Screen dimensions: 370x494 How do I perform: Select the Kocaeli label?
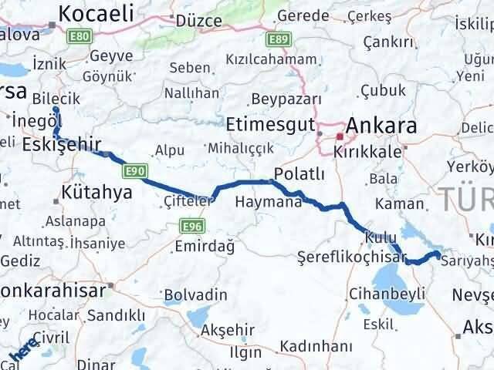point(96,12)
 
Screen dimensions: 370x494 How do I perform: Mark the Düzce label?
point(200,21)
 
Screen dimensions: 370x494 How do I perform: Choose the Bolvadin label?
point(195,294)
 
